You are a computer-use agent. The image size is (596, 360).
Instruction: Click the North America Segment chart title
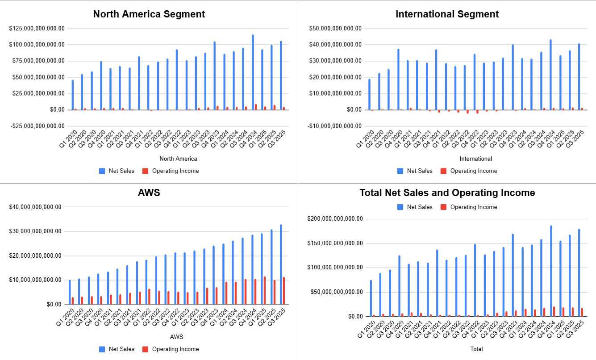coord(149,14)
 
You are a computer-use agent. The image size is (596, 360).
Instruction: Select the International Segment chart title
coord(447,14)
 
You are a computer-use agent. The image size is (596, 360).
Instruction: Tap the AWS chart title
coord(149,193)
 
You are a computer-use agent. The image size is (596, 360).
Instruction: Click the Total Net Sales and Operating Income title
coord(447,193)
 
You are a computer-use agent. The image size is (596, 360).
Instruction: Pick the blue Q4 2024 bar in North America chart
coord(253,71)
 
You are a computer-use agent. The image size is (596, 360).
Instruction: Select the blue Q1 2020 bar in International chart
coord(369,94)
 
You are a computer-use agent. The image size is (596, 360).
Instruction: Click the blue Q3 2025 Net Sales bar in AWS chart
coord(281,264)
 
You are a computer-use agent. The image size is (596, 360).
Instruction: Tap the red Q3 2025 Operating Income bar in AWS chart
coord(283,291)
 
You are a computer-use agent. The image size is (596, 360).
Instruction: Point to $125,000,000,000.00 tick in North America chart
coord(37,28)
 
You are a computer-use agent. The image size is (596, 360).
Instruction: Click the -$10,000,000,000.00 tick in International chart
coord(335,126)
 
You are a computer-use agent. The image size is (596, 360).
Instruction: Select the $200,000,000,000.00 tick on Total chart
coord(335,219)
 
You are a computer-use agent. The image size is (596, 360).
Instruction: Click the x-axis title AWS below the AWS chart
coord(177,337)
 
